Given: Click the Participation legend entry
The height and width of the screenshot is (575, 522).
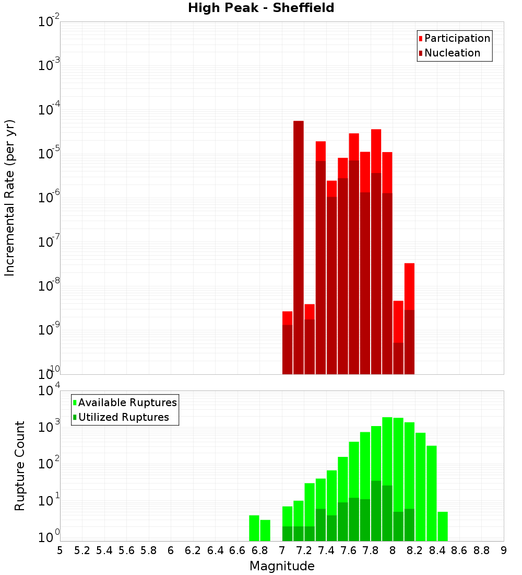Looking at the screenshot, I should pyautogui.click(x=457, y=38).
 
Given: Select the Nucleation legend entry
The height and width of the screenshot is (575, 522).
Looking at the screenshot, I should pyautogui.click(x=452, y=53).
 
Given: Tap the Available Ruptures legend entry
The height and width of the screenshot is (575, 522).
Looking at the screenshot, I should pyautogui.click(x=127, y=402).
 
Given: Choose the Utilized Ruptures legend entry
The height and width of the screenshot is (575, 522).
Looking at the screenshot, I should pyautogui.click(x=123, y=417).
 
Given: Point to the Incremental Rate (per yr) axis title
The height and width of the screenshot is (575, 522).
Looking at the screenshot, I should pyautogui.click(x=9, y=198).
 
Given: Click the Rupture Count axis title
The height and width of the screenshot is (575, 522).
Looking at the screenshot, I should pyautogui.click(x=19, y=465).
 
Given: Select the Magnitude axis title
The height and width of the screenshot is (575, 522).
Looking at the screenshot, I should pyautogui.click(x=282, y=566).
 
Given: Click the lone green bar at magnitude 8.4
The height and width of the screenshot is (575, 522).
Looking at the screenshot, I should pyautogui.click(x=443, y=526).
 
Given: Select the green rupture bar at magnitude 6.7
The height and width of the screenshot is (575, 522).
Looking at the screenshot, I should pyautogui.click(x=254, y=528).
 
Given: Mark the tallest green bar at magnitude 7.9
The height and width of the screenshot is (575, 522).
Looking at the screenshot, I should pyautogui.click(x=387, y=479).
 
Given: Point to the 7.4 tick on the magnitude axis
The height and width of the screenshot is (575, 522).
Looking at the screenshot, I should pyautogui.click(x=326, y=550).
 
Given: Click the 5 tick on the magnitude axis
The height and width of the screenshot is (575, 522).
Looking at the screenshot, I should pyautogui.click(x=60, y=550).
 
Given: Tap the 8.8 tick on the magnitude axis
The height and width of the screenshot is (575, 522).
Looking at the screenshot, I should pyautogui.click(x=481, y=550).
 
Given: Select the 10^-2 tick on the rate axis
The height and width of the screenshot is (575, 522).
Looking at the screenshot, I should pyautogui.click(x=49, y=22).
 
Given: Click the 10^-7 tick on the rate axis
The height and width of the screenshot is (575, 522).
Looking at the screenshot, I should pyautogui.click(x=49, y=242).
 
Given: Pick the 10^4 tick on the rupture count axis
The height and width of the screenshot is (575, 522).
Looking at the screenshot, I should pyautogui.click(x=49, y=391).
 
